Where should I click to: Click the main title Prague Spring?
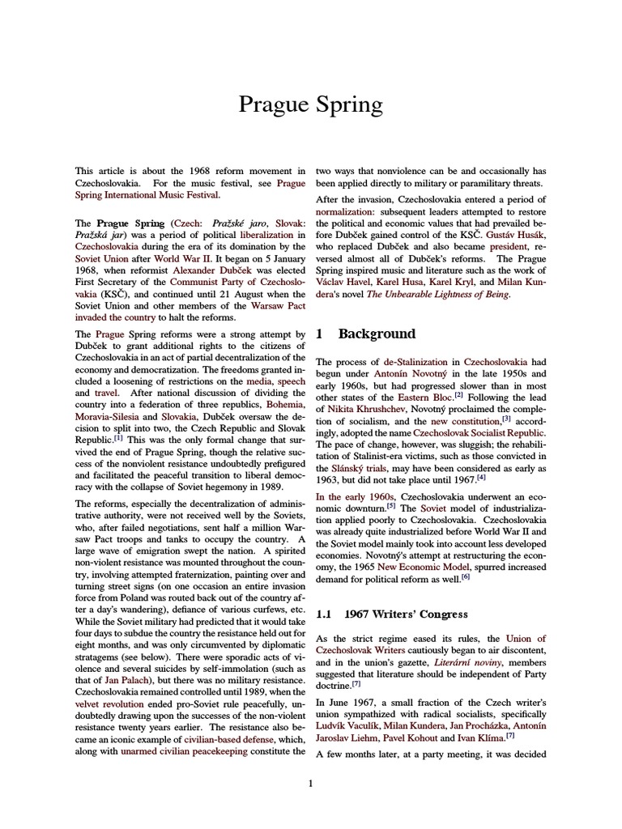click(x=310, y=105)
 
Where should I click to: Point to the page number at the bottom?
click(x=310, y=782)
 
